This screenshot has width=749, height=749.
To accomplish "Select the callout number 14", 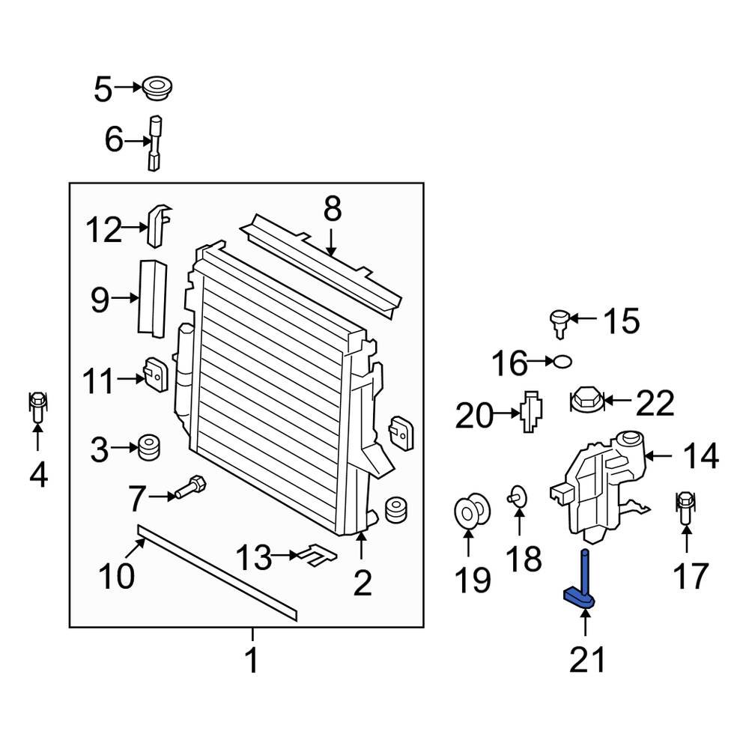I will [x=700, y=455].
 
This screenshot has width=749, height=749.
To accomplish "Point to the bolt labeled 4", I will [x=37, y=407].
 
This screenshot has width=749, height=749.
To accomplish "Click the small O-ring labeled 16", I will [x=562, y=363].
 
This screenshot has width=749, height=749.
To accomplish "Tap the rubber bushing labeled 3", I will [x=148, y=448].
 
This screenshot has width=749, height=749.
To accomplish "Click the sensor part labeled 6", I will [x=155, y=142].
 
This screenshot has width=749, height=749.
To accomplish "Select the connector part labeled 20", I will [x=531, y=413].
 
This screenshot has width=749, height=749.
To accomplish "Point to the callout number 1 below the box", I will [x=252, y=661].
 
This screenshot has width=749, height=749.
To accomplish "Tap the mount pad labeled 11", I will [x=154, y=372].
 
